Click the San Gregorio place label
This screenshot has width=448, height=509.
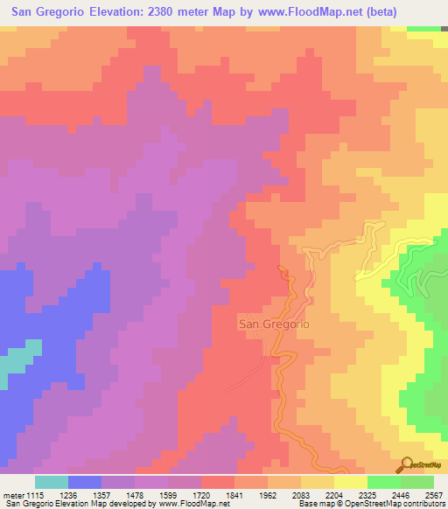click(x=274, y=323)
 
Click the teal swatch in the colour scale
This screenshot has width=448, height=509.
click(x=52, y=482)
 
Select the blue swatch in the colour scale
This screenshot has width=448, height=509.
click(x=85, y=482)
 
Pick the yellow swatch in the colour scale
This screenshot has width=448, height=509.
click(x=351, y=482)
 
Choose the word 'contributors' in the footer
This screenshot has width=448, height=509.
click(x=423, y=505)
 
